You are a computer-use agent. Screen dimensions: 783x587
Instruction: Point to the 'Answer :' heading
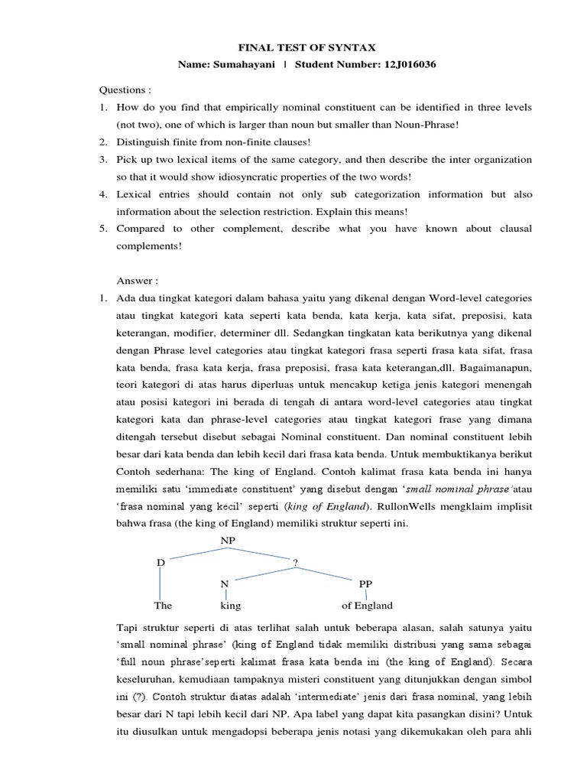135,279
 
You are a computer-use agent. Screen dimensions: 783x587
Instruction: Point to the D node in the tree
161,563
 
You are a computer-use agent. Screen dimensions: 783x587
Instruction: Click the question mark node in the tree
295,563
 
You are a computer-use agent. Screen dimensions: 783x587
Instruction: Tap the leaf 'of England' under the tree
367,606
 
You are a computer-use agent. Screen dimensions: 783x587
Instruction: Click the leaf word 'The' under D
163,606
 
